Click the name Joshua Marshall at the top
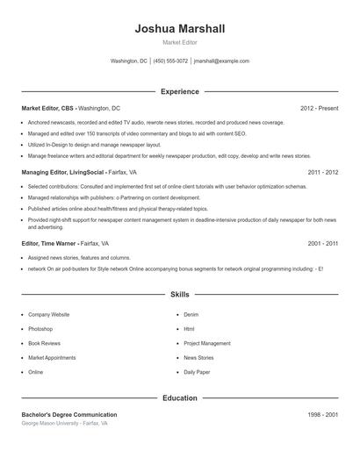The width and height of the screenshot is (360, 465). point(179,29)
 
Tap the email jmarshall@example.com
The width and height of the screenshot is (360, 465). point(221,61)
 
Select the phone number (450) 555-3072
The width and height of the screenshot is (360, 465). point(170,61)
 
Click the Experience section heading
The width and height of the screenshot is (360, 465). point(179,91)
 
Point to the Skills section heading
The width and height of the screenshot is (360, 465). point(179,295)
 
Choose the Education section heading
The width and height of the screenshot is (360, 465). point(179,398)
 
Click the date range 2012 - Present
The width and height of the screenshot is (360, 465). point(319,108)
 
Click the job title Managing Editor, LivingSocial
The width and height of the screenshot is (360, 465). point(61,173)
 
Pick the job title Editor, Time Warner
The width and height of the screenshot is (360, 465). point(48,243)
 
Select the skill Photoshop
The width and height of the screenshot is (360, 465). point(40,329)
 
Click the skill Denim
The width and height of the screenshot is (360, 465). point(191,314)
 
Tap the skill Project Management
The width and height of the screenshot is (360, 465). point(207,343)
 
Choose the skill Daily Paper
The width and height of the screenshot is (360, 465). point(197,372)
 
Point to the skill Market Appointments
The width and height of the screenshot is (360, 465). point(52,358)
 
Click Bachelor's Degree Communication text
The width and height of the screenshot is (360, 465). point(68,414)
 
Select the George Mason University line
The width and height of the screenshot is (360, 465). point(64,423)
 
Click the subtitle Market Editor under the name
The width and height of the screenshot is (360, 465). point(179,43)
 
